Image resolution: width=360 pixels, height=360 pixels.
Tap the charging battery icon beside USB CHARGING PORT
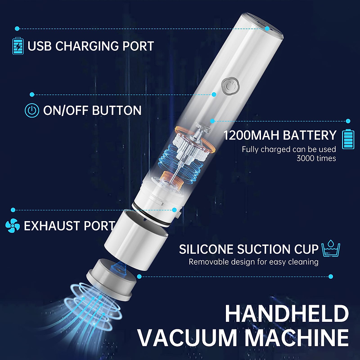tap(18, 46)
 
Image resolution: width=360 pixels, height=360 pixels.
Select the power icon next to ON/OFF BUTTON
tap(32, 110)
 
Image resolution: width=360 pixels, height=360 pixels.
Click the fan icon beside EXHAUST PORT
tap(13, 226)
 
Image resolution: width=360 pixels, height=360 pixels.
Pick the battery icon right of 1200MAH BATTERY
tap(348, 139)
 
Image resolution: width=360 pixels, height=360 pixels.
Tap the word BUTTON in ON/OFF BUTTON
tap(117, 110)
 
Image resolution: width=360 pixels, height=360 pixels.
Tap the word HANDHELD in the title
tap(286, 314)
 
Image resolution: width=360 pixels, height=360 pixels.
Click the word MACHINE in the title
tap(297, 338)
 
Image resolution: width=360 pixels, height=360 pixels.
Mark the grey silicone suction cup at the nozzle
tap(110, 279)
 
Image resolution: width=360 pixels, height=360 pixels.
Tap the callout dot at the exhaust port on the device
tap(174, 210)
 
